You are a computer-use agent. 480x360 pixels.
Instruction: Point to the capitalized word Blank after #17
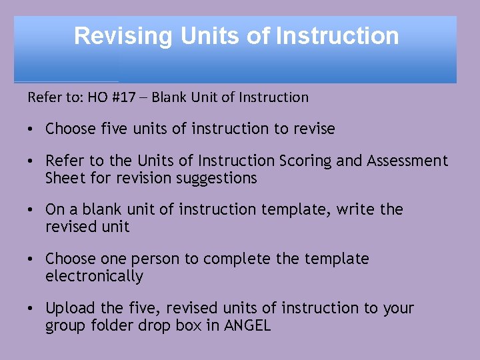(169, 97)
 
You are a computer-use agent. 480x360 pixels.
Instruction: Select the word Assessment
(407, 161)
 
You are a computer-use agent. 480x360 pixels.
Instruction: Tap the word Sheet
(64, 178)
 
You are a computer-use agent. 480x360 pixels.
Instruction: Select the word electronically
(94, 276)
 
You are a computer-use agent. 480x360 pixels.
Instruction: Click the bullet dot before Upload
(32, 309)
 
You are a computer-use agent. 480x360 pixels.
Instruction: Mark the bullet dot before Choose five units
(32, 129)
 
